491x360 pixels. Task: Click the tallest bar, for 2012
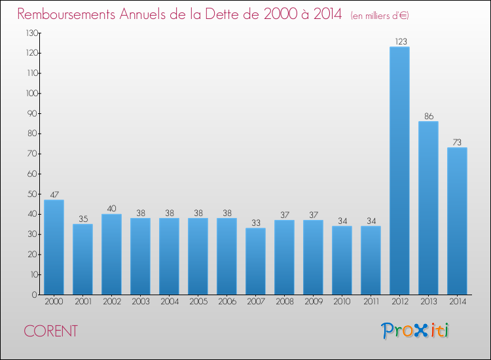[399, 171]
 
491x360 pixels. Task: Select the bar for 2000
[54, 247]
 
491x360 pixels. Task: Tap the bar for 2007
[255, 261]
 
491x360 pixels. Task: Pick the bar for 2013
[428, 208]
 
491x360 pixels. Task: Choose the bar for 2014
[457, 221]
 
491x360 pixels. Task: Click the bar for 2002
[111, 254]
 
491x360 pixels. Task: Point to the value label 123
[401, 41]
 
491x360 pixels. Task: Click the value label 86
[429, 116]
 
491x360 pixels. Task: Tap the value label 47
[54, 194]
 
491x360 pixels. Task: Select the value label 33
[256, 223]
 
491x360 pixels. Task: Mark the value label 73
[457, 143]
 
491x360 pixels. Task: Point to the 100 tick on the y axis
[32, 94]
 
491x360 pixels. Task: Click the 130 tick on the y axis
[32, 33]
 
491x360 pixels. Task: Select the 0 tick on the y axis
[35, 295]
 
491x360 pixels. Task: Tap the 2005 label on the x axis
[198, 301]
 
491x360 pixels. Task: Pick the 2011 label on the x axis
[371, 301]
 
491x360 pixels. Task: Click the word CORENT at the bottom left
[50, 331]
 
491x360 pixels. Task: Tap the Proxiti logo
[415, 331]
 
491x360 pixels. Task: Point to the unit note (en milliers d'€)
[380, 16]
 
